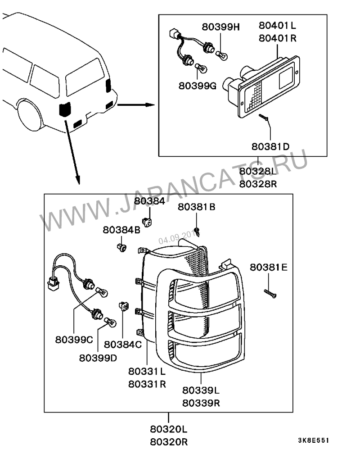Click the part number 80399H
tap(220, 27)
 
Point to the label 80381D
tap(270, 146)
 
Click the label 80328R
tap(258, 184)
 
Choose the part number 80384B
tap(121, 229)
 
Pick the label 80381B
tap(196, 207)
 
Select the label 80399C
tap(74, 340)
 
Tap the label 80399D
tap(98, 358)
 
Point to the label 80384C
tap(123, 345)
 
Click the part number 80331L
tap(147, 372)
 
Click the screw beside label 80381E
tap(270, 294)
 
